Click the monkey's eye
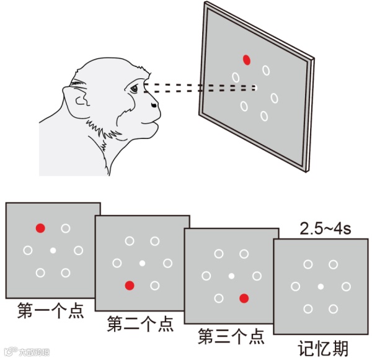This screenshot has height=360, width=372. (x=135, y=89)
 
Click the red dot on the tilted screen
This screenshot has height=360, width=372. (x=247, y=60)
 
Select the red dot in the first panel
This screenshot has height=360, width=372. (x=40, y=228)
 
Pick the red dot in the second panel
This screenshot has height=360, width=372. (x=130, y=286)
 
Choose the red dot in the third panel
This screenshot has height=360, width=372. (x=244, y=298)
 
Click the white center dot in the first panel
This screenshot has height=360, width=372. (x=53, y=250)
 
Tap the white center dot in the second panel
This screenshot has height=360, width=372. (x=142, y=263)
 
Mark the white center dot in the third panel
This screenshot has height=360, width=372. (x=231, y=276)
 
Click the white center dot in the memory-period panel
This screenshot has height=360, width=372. (x=321, y=286)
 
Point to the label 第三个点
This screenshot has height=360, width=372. (x=231, y=337)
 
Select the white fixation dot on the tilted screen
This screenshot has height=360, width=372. (x=255, y=87)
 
